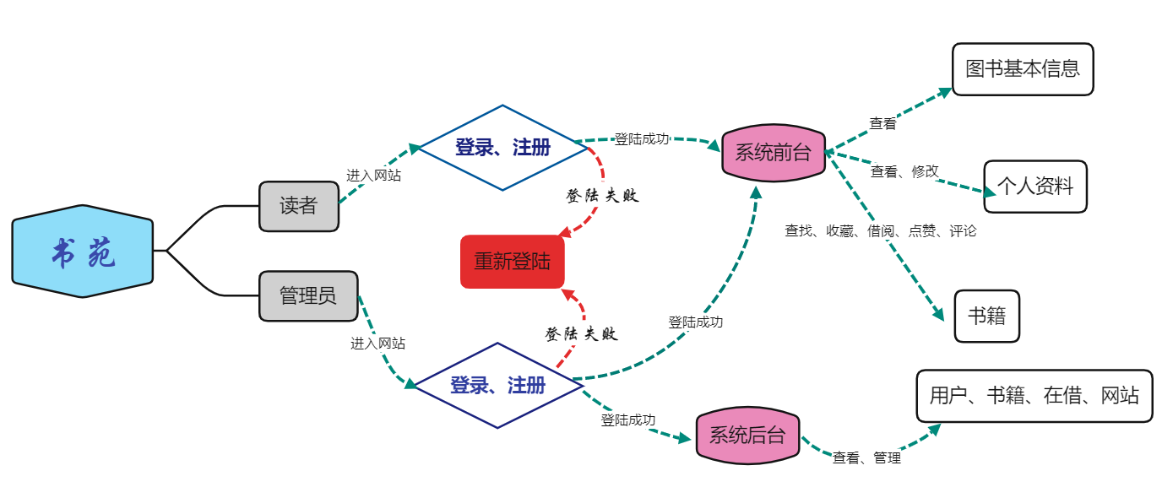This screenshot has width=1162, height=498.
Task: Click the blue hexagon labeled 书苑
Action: point(83,252)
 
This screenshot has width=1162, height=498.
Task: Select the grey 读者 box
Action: point(298,206)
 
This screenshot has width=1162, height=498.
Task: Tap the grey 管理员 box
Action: point(308,296)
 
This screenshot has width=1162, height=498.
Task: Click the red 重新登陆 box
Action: point(512,262)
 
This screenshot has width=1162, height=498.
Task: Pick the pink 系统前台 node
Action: point(773,153)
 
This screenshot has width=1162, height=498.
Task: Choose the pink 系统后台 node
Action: point(747,436)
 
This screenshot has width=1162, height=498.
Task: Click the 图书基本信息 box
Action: point(1023,69)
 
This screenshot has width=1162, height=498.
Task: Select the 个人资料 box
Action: point(1035,187)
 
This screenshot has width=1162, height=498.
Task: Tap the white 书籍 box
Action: point(986,317)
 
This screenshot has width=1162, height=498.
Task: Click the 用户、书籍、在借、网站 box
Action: point(1034,395)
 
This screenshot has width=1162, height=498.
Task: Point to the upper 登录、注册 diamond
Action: point(503,148)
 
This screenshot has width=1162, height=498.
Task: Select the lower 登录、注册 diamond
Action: point(498,386)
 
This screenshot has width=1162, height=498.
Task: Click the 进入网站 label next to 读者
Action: point(373,176)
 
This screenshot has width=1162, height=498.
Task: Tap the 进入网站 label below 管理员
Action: point(377,344)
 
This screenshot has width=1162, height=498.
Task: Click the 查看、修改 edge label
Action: point(904,171)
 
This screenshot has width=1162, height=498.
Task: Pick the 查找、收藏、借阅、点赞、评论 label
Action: point(880,230)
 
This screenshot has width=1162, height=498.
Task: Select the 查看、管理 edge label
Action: point(866,458)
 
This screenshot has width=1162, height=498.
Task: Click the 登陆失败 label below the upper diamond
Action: point(602,196)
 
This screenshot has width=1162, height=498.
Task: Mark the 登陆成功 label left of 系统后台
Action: point(627,420)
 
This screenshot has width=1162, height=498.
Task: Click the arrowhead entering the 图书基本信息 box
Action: point(945,90)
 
